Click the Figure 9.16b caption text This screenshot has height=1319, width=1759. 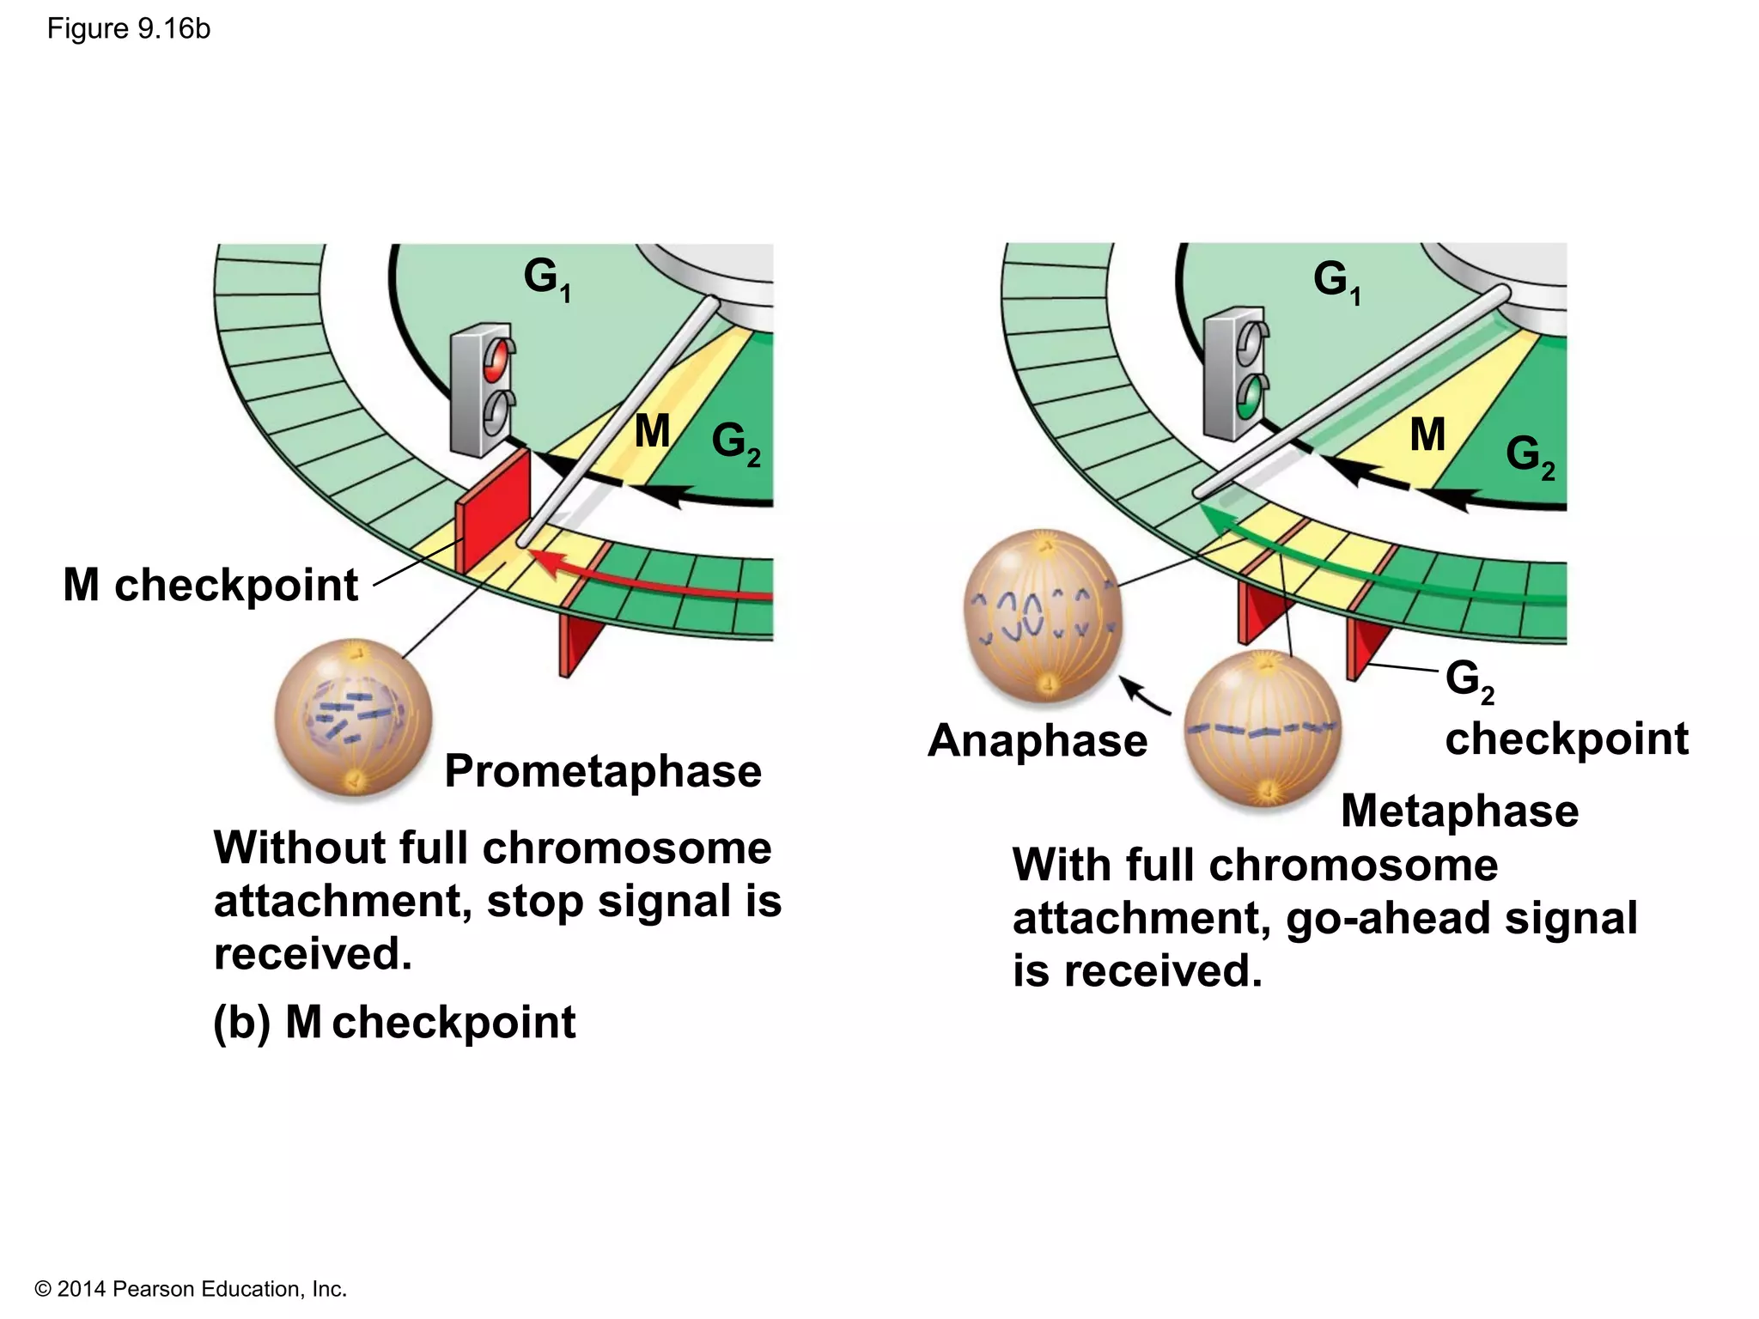tap(128, 29)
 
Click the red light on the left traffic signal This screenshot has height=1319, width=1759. tap(496, 359)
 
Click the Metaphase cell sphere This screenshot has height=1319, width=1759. tap(1262, 727)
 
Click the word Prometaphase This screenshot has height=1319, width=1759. tap(602, 770)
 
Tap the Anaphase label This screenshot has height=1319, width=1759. tap(1038, 740)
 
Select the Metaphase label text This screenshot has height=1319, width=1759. tap(1459, 811)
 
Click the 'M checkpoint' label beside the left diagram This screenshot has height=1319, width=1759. tap(210, 586)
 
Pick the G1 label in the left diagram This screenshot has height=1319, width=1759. tap(546, 278)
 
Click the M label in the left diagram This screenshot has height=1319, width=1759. tap(652, 430)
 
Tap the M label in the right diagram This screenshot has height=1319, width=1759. tap(1427, 435)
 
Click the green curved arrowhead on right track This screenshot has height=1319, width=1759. tap(1214, 517)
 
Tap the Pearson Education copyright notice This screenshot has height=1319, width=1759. tap(191, 1289)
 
